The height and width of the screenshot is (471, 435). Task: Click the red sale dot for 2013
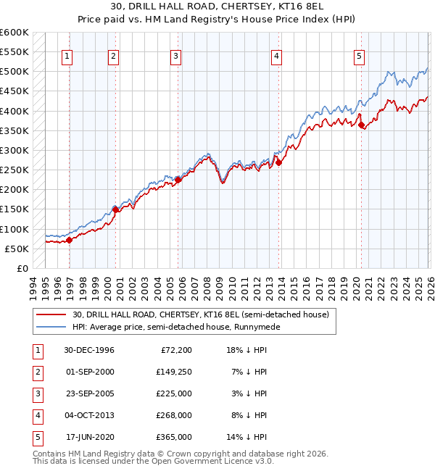(278, 162)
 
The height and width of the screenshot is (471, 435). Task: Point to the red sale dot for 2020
(362, 125)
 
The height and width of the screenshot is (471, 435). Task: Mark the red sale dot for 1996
(70, 240)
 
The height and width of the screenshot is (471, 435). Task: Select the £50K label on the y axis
(16, 249)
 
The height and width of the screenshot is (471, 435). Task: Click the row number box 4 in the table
(36, 415)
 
